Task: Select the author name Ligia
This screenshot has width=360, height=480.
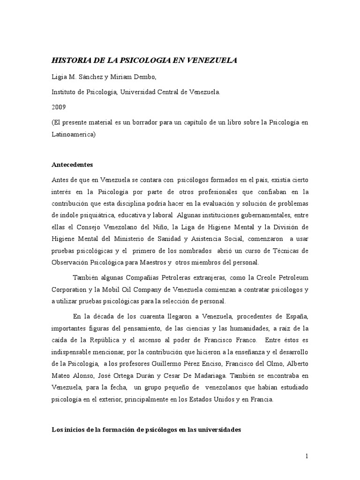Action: click(59, 77)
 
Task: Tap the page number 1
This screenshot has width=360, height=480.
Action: click(307, 456)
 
